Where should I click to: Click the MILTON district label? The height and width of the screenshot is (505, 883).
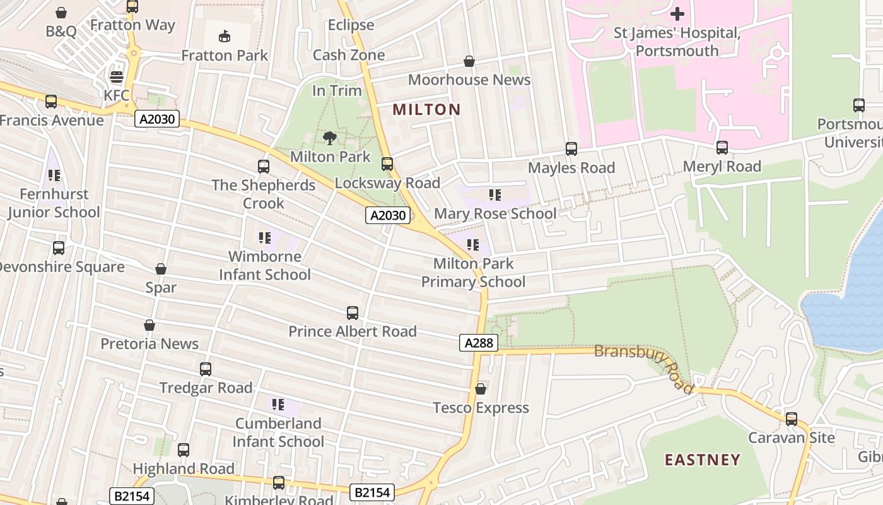tap(426, 109)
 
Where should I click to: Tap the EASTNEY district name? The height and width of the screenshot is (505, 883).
tap(702, 460)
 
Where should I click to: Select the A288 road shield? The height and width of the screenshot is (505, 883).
tap(478, 343)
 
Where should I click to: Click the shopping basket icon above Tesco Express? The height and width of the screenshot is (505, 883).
tap(481, 389)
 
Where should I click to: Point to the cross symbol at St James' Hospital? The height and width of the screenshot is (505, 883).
tap(677, 13)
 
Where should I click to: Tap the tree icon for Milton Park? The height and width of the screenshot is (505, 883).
tap(329, 138)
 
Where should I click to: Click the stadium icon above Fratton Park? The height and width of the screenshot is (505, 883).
tap(225, 36)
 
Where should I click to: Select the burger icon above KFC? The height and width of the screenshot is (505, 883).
tap(117, 77)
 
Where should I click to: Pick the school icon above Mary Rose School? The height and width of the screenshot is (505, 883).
tap(495, 195)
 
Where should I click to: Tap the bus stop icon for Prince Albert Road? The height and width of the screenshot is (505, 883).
tap(353, 312)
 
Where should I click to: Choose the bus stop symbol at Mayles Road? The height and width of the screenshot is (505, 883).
tap(571, 149)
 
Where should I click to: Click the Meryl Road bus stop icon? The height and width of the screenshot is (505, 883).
tap(722, 148)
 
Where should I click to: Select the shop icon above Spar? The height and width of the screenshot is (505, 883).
tap(161, 269)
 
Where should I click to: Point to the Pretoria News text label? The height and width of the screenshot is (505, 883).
tap(149, 344)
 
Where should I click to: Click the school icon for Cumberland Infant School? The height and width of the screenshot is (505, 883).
tap(278, 404)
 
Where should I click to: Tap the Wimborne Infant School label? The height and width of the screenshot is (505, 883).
tap(265, 265)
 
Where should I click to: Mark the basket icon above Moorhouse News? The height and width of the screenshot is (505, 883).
tap(469, 61)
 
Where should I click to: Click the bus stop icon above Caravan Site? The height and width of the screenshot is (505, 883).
tap(791, 419)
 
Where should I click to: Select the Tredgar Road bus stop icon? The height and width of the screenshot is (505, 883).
tap(206, 369)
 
